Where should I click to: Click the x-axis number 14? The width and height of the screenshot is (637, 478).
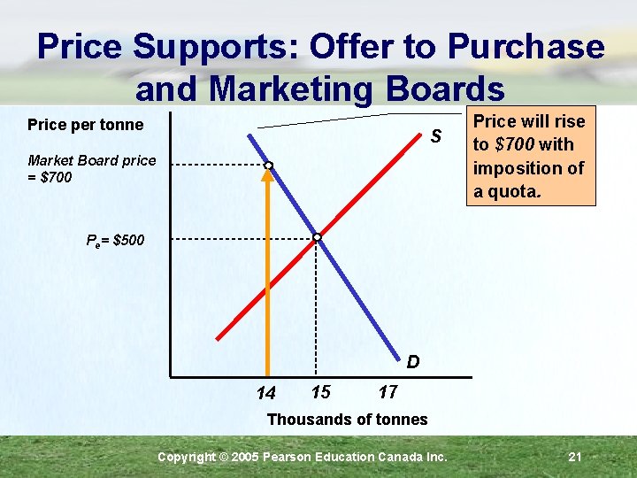[265, 393]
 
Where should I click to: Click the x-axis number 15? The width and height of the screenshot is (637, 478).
[320, 391]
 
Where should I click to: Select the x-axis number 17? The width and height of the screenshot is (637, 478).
[388, 391]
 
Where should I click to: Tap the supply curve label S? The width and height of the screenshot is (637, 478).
[435, 137]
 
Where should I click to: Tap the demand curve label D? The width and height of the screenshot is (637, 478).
[413, 362]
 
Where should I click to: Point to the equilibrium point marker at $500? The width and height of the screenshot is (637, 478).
[317, 237]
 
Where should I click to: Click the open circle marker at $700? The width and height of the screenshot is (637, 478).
[267, 166]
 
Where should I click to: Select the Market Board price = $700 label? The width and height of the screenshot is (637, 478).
[91, 168]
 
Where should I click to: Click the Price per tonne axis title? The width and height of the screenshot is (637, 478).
[85, 125]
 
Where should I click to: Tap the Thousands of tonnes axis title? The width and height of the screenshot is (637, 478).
[347, 419]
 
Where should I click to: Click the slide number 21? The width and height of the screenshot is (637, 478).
[574, 457]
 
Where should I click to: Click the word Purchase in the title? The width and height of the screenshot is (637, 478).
[526, 46]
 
